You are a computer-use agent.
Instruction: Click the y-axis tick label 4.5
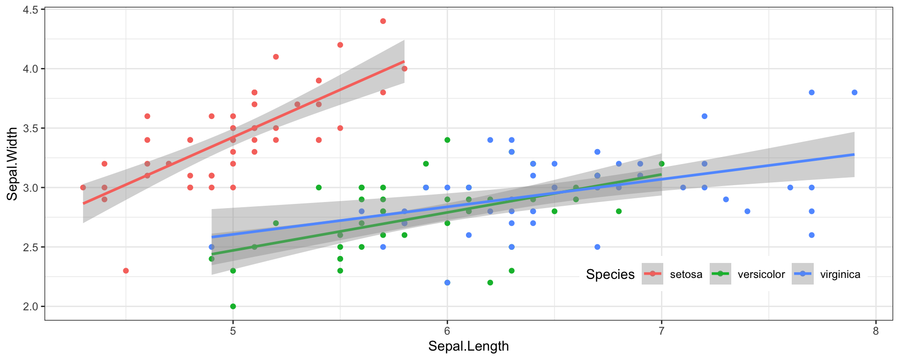[30, 9]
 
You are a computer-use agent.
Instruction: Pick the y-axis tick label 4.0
[30, 69]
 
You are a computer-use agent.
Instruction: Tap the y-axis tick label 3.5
[30, 128]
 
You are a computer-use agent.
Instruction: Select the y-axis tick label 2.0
[30, 307]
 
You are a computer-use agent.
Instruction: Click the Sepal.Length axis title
[468, 346]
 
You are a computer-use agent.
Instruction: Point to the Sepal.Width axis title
[12, 164]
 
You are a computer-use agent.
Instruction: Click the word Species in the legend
[610, 274]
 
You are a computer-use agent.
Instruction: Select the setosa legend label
[686, 275]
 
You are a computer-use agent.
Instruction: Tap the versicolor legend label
[761, 275]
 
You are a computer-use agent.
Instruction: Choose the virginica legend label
[840, 275]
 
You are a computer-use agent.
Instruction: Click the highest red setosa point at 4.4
[383, 21]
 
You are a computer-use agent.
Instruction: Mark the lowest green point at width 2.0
[233, 307]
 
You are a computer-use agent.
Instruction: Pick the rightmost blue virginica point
[855, 92]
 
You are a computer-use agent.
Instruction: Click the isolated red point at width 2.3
[126, 271]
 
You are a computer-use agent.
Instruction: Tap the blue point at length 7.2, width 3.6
[704, 116]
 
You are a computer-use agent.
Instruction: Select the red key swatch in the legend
[652, 274]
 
